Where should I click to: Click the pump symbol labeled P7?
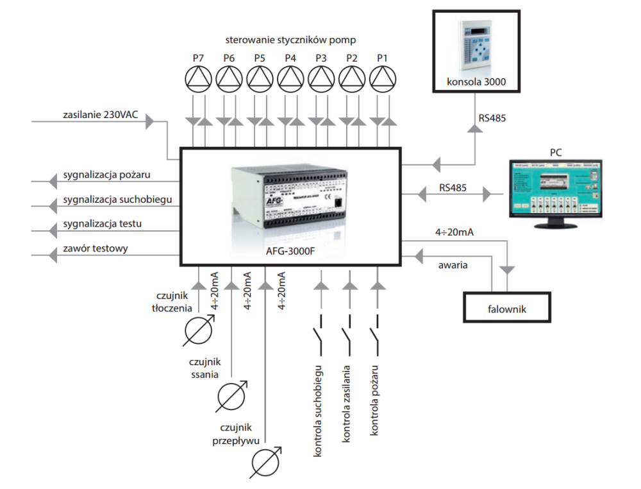[x=197, y=79]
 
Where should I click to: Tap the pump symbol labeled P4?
[x=290, y=79]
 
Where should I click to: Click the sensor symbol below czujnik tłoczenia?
[x=197, y=331]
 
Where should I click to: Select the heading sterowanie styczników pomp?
[x=290, y=40]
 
